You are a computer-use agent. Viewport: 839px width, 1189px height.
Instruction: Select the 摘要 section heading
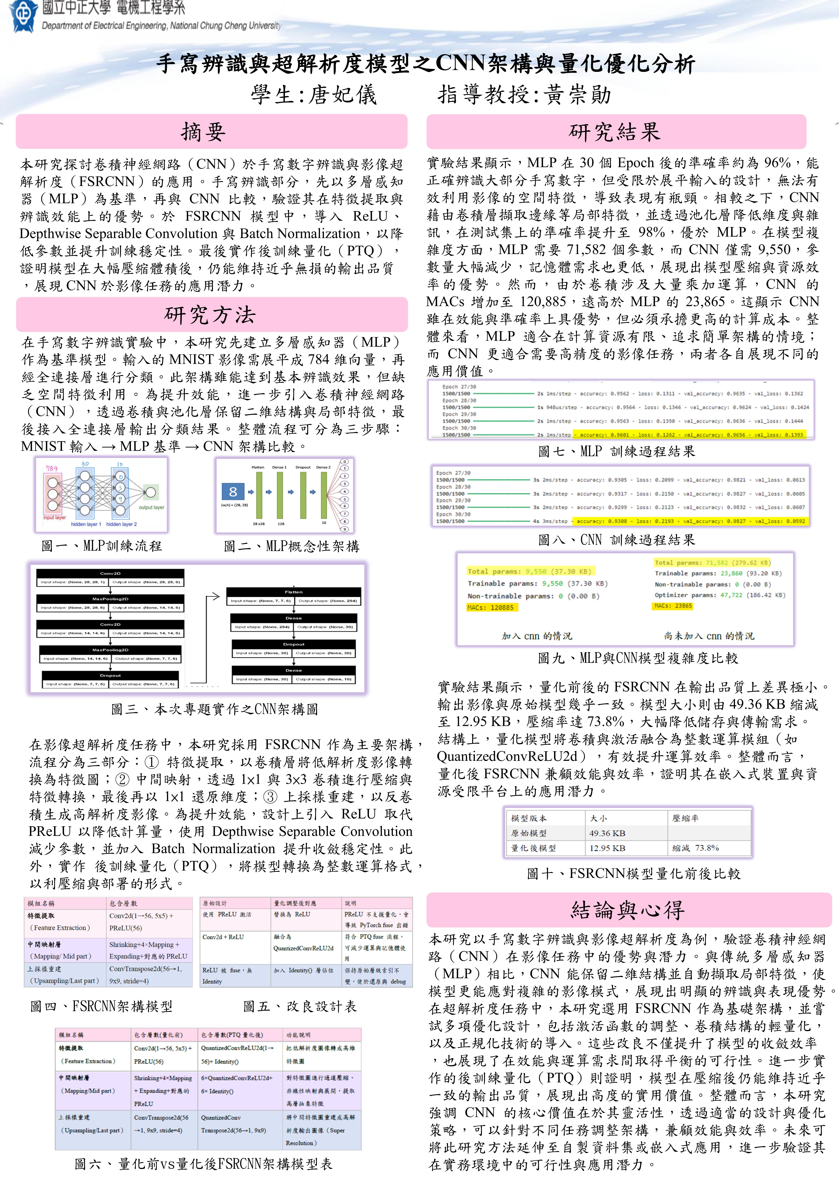point(203,132)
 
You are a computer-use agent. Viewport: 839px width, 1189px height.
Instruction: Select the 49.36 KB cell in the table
point(607,833)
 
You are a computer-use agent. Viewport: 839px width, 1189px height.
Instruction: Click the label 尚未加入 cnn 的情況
point(709,636)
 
